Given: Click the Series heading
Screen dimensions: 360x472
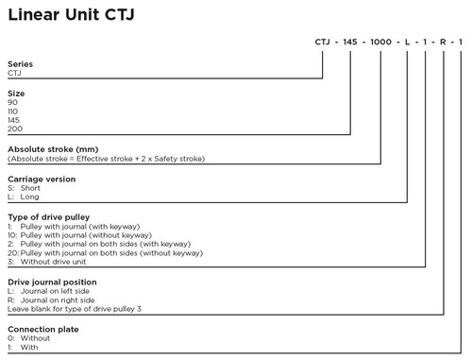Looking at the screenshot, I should pyautogui.click(x=20, y=63).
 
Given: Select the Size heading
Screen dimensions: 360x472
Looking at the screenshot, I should pyautogui.click(x=16, y=94).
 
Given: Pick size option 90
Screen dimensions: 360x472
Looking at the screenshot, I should pyautogui.click(x=12, y=102).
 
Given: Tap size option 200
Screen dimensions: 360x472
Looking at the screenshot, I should pyautogui.click(x=14, y=128).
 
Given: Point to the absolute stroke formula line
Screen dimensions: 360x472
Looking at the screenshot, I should pyautogui.click(x=106, y=158).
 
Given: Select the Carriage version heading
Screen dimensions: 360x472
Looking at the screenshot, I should pyautogui.click(x=42, y=179).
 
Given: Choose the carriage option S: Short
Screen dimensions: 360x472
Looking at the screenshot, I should pyautogui.click(x=25, y=187).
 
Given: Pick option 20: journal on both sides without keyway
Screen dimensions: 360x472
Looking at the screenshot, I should pyautogui.click(x=99, y=252).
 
